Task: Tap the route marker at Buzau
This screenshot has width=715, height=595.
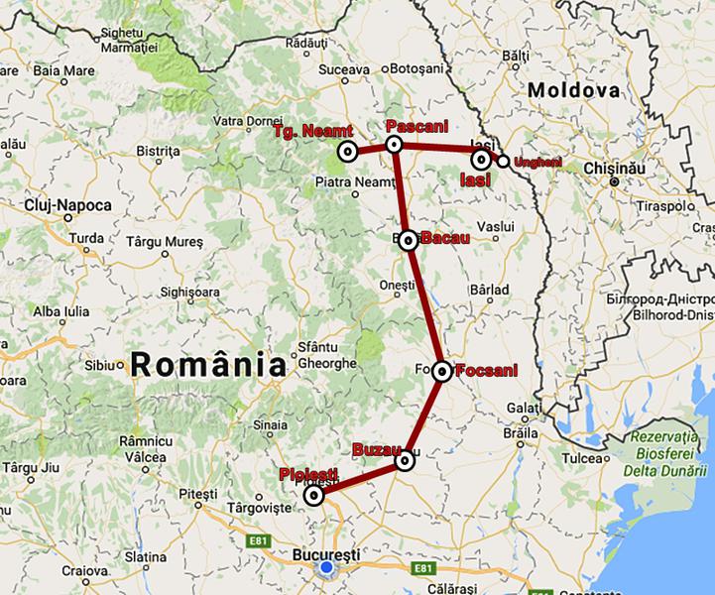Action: pos(404,461)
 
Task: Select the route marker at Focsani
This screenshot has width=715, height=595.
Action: pos(442,371)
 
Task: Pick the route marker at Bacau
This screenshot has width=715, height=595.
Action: pos(409,239)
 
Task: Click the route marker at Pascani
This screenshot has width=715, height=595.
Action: pos(394,145)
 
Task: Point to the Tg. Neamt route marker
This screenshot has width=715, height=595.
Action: pos(347,152)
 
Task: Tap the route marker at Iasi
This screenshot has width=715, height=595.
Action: pos(481,159)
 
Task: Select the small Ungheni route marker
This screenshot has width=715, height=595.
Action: pos(504,162)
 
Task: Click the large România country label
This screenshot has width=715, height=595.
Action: pos(200,364)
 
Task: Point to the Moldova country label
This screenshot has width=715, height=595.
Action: pos(574,90)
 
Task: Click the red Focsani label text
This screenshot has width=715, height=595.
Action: pos(486,372)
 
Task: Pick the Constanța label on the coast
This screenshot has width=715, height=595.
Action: pos(684,587)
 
